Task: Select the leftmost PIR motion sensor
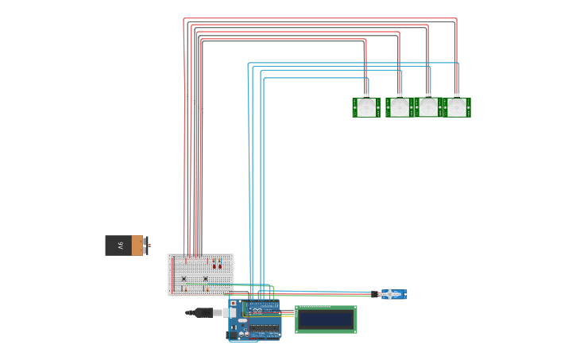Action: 366,107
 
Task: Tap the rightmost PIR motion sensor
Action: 457,107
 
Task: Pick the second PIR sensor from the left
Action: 400,107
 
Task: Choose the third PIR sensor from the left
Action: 428,107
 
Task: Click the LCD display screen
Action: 326,319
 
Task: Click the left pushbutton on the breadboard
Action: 184,278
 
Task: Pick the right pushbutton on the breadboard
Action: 206,278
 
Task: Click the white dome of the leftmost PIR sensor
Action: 366,108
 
